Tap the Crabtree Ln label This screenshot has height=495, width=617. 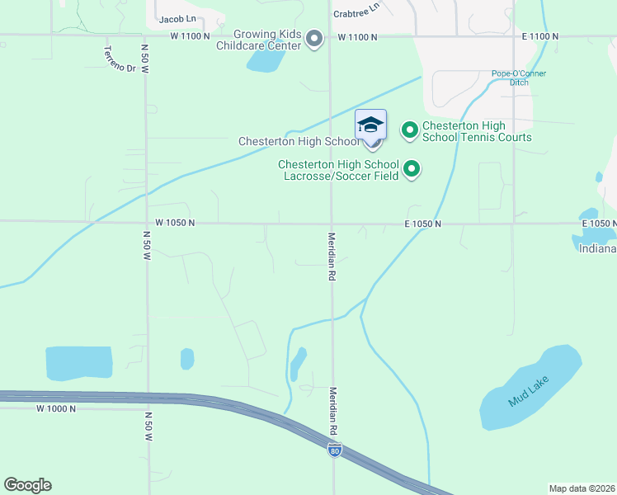coord(356,10)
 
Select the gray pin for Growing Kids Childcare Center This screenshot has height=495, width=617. coord(313,39)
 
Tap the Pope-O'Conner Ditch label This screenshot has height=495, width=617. coord(519,78)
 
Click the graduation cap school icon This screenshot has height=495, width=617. coord(370,125)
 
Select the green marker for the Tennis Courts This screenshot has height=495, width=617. coord(410,130)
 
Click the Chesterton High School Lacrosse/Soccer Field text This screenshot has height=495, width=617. coord(338,170)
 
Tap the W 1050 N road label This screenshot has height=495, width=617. coord(175,223)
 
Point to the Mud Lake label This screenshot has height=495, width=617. coord(529,390)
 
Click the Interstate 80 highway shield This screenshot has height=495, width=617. coord(334,450)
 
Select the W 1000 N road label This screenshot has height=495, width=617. coord(56,408)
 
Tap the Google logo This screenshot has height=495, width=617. coord(27,485)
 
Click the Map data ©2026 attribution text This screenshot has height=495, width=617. coord(581,488)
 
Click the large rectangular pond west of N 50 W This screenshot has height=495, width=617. coord(78,363)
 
